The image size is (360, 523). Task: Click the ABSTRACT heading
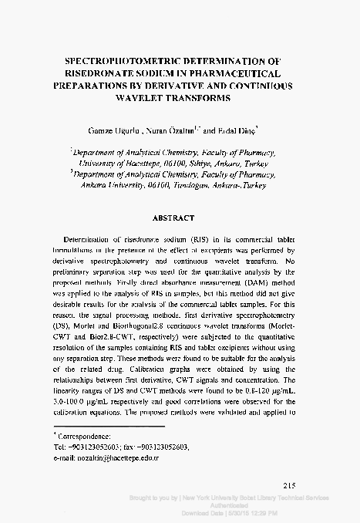(179, 218)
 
